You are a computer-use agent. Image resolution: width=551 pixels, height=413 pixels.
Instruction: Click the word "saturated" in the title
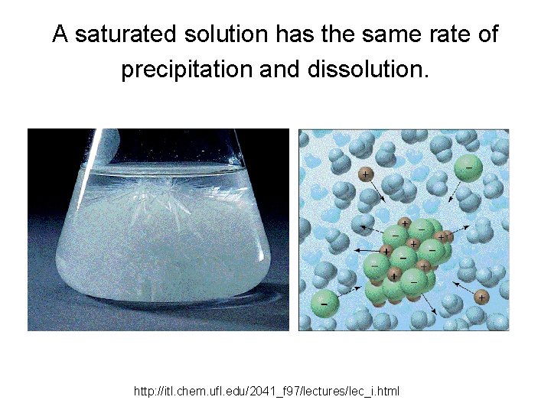tap(126, 34)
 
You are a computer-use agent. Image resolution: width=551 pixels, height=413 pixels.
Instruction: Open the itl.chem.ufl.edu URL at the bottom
tap(266, 392)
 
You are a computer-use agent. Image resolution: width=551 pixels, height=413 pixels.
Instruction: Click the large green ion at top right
tap(468, 167)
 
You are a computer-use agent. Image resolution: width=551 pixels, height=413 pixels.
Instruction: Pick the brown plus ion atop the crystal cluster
tap(405, 223)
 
